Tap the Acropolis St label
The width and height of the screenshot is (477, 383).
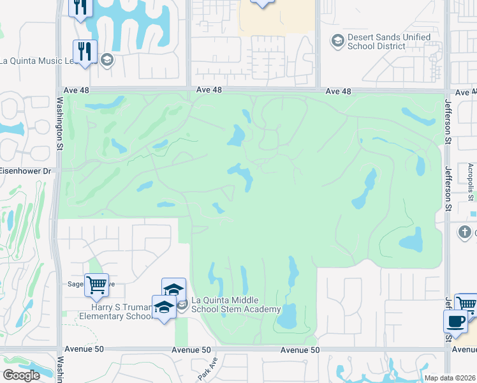click(x=470, y=181)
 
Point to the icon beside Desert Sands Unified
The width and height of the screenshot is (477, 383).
click(x=337, y=41)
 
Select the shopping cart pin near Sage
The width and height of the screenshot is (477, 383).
click(x=96, y=284)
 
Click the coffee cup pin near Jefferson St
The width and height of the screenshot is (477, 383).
click(x=455, y=321)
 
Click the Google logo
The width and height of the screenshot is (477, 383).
click(x=21, y=375)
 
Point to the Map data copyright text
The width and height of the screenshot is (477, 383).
click(x=450, y=378)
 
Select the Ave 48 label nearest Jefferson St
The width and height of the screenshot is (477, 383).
click(x=338, y=91)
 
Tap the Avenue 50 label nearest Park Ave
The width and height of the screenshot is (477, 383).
click(x=191, y=350)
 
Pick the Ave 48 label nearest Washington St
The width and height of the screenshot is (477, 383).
click(x=77, y=91)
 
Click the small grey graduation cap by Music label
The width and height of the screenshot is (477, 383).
click(x=106, y=61)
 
